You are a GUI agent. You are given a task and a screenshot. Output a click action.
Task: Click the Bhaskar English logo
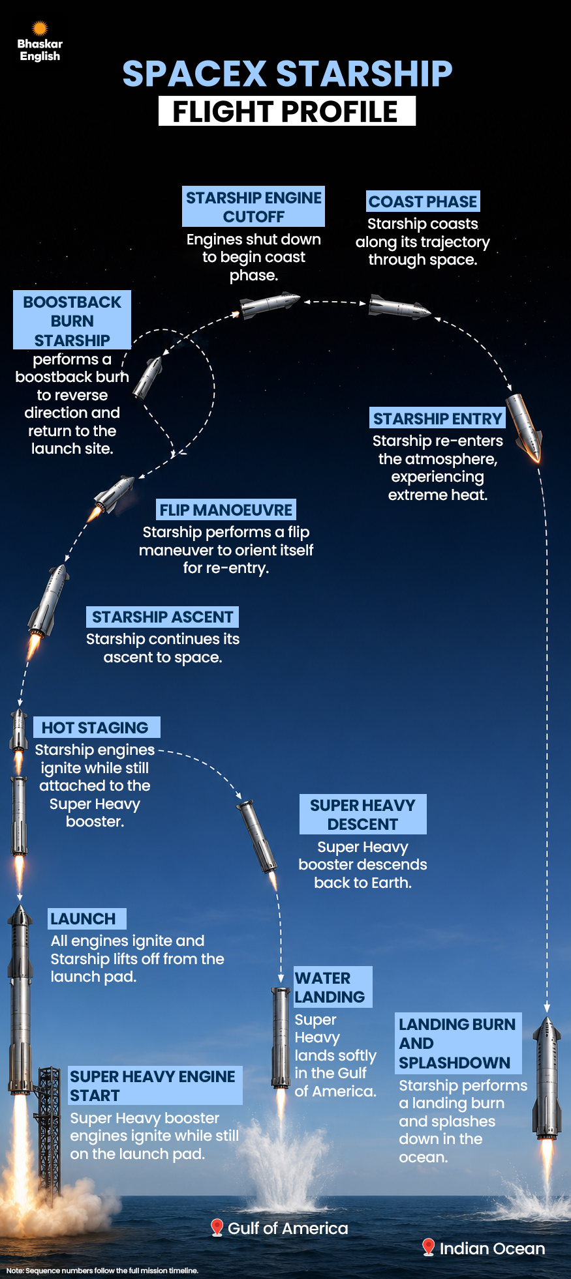coord(40,42)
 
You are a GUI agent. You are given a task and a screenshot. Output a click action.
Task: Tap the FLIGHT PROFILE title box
coord(287,111)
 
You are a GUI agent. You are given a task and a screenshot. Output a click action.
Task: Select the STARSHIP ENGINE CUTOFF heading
coord(254,207)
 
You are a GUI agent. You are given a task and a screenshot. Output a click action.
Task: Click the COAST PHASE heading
coord(423,201)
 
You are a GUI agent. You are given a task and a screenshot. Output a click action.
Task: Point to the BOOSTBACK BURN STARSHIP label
coord(72,321)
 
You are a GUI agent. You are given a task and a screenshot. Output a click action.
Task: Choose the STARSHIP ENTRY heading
coord(437,418)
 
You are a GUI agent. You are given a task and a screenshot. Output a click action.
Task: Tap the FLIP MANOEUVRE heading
coord(226,509)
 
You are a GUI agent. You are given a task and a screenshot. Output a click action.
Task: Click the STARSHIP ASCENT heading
coord(162,617)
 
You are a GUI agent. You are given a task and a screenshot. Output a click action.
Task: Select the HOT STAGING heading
coord(96,728)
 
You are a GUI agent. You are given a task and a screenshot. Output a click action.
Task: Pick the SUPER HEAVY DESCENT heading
coord(363,814)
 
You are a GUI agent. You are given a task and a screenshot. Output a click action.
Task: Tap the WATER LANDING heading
coord(333,987)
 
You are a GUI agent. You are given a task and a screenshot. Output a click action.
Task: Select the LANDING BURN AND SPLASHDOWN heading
coord(458,1044)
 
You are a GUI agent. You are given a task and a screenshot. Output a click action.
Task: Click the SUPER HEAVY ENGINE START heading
coord(155,1085)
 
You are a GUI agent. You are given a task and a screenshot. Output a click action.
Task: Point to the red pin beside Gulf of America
coord(217,1228)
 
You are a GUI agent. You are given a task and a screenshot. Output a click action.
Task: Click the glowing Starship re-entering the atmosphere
coord(525,428)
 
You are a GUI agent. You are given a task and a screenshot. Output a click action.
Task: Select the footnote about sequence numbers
coord(102,1271)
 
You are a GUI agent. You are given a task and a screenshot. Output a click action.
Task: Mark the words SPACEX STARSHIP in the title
coord(287,73)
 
